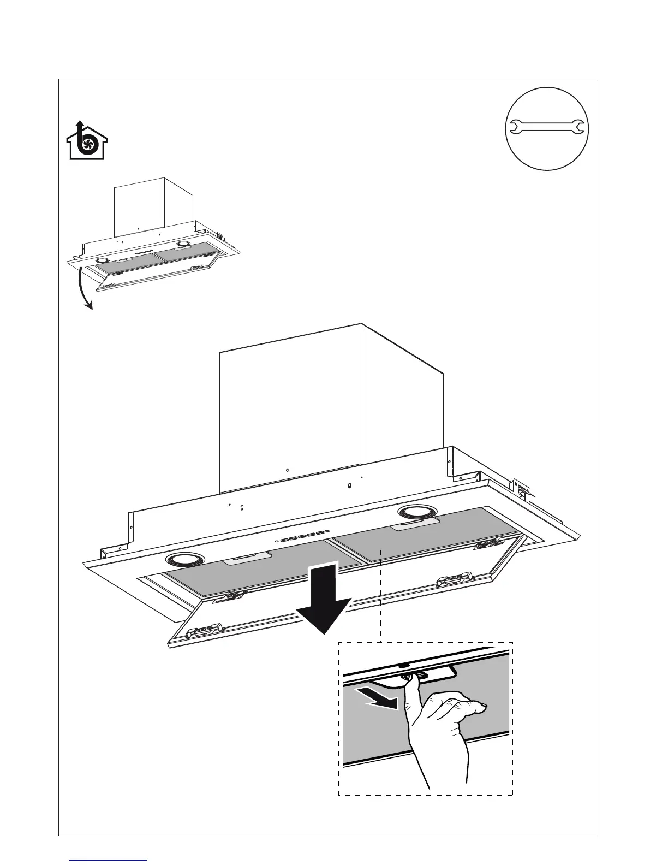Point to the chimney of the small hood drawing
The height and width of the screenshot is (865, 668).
point(154,210)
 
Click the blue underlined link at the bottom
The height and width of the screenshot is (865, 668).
point(109,860)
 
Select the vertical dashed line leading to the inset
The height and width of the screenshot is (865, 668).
point(379,595)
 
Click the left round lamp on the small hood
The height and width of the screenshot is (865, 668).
point(101,262)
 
